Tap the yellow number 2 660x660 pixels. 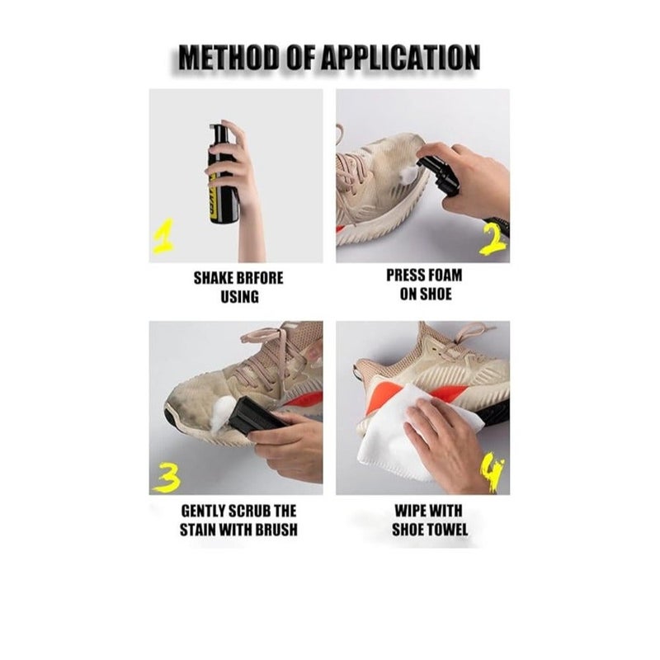tap(493, 239)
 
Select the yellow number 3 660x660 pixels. tap(167, 478)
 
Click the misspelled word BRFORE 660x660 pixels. tap(258, 278)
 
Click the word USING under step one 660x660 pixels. tap(239, 297)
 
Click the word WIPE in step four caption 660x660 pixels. tap(409, 511)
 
